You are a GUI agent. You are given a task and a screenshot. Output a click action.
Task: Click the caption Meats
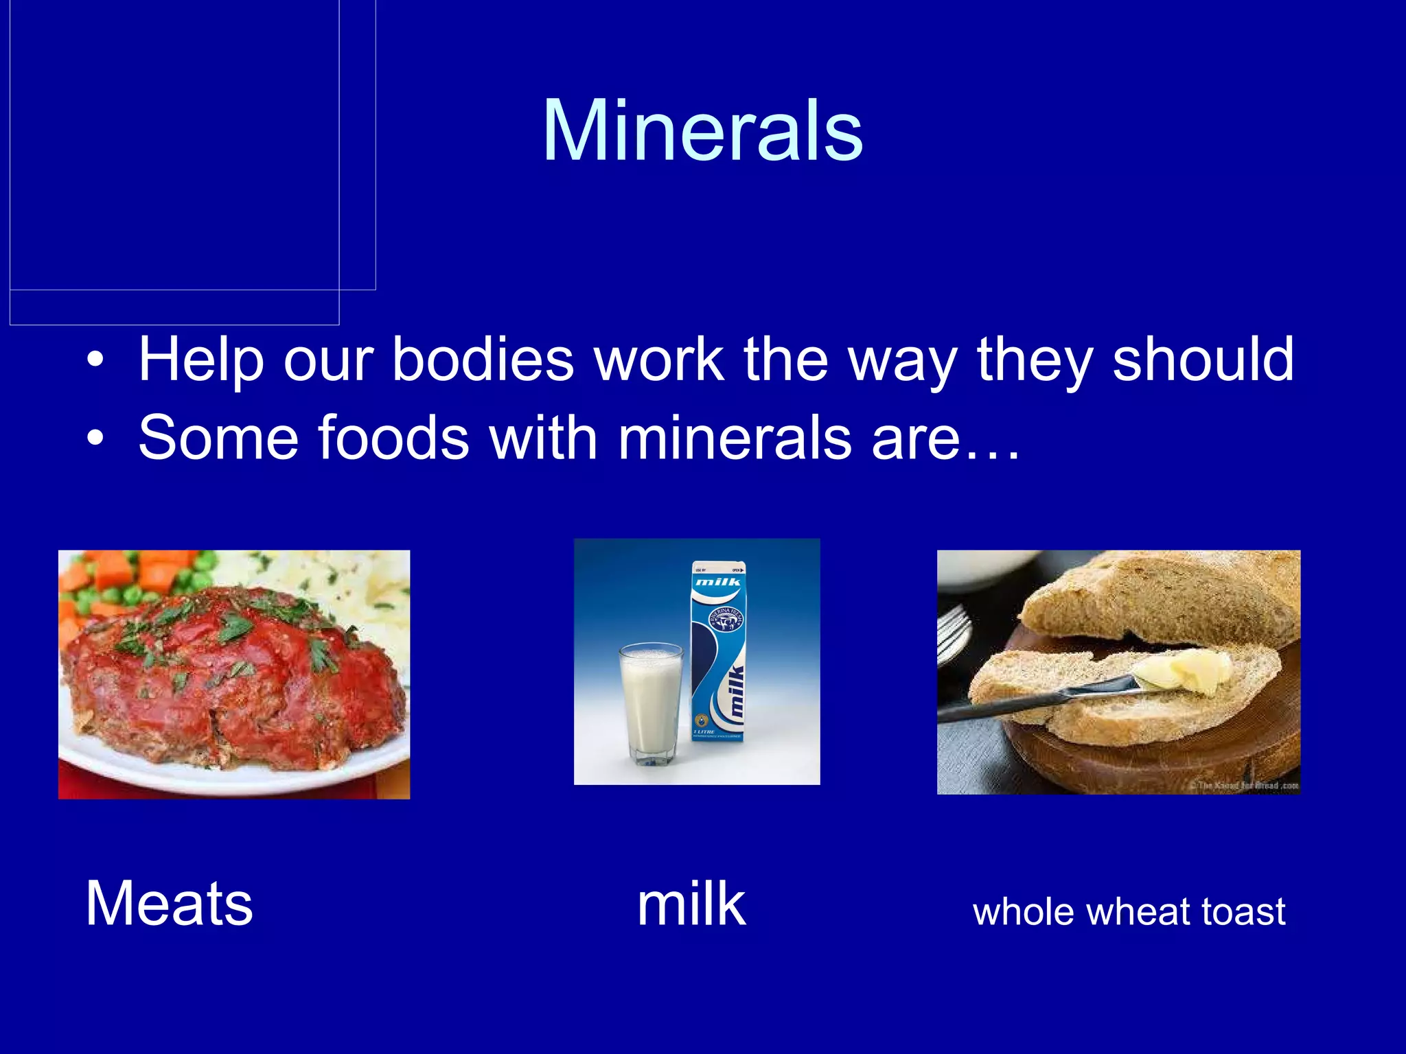click(x=170, y=904)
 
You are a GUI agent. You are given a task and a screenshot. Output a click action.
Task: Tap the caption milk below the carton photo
click(x=691, y=905)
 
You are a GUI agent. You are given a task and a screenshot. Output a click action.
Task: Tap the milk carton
click(x=718, y=652)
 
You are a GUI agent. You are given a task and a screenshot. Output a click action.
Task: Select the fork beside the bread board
click(x=954, y=631)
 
